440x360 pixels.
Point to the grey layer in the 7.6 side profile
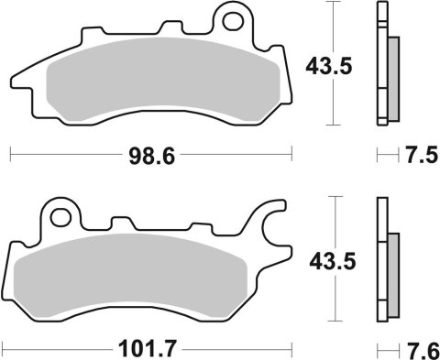[393, 270]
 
